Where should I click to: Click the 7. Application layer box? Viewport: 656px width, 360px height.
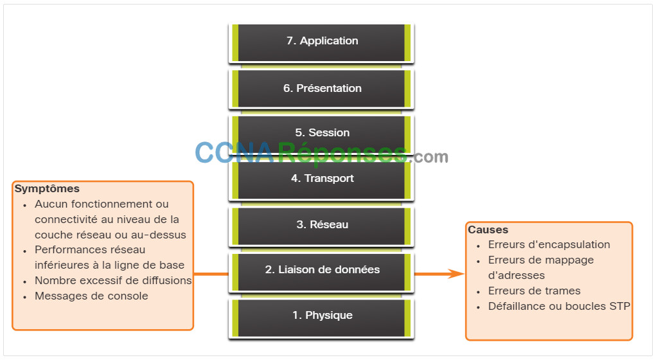321,42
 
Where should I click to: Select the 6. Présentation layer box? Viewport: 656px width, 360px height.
321,89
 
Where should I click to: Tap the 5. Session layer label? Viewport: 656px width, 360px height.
322,132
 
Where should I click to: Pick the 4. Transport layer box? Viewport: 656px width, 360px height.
321,180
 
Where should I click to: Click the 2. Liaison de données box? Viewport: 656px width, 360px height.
321,272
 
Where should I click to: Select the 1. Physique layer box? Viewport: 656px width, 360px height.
321,318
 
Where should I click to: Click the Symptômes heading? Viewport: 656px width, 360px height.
47,189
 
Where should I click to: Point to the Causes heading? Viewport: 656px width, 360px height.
488,230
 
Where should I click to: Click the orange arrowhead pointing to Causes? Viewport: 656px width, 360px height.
456,274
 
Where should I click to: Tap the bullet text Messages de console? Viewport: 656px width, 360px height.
91,296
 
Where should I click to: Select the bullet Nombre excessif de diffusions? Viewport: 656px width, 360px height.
113,280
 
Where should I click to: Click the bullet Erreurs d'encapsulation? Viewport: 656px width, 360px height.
549,245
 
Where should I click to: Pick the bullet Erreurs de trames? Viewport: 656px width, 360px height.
535,291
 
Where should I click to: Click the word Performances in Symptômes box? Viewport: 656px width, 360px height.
67,250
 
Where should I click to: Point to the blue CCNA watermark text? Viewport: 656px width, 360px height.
235,153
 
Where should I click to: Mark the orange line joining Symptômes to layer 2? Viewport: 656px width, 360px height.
211,274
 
